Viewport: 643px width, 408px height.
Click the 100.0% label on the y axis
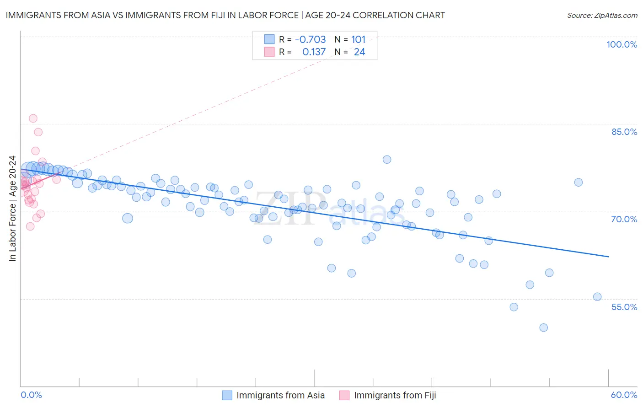(622, 44)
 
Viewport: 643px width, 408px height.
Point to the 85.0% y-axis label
(624, 132)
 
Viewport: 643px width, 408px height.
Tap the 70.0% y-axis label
(624, 219)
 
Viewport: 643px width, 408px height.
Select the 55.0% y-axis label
(624, 307)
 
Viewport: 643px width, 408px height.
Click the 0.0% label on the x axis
(31, 395)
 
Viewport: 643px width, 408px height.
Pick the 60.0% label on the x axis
(624, 395)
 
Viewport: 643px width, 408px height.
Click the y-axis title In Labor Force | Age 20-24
(12, 209)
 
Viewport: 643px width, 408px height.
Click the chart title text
(225, 15)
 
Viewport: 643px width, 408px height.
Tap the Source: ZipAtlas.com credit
(602, 15)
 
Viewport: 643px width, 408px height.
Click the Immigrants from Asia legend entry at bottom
(280, 395)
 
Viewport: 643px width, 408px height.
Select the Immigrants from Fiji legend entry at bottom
(395, 395)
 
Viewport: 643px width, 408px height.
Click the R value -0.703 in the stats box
(310, 40)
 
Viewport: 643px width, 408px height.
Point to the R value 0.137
(314, 52)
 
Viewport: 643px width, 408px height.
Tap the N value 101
(358, 40)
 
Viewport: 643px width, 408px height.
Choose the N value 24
(359, 52)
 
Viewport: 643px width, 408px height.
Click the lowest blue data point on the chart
(543, 327)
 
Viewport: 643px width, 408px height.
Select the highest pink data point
(33, 118)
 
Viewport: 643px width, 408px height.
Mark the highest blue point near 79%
(387, 160)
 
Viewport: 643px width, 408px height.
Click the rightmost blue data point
(597, 297)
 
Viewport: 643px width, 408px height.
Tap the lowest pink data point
(30, 226)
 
